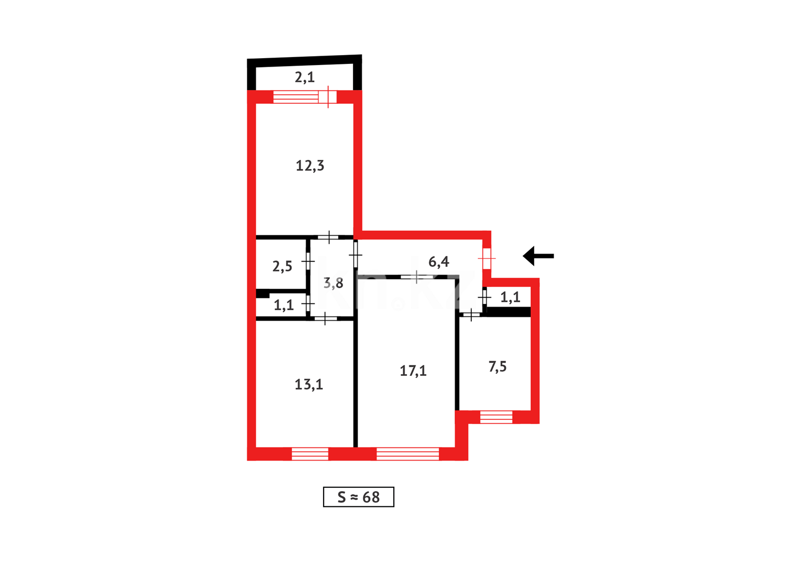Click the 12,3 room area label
click(310, 166)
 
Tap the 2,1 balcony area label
click(304, 78)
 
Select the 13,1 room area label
click(308, 385)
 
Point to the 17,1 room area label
click(413, 371)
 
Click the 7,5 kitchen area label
click(497, 367)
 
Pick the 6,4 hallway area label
click(438, 262)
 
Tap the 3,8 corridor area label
click(333, 284)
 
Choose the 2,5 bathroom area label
click(282, 266)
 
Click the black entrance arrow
click(538, 256)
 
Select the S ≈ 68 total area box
click(358, 497)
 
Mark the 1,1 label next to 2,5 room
click(283, 305)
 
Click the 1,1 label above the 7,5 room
click(510, 298)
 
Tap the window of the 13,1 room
click(310, 454)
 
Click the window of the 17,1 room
click(407, 454)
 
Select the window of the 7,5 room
click(496, 417)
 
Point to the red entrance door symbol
click(487, 258)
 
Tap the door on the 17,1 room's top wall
click(416, 277)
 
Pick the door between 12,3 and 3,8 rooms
click(328, 237)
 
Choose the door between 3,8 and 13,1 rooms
click(325, 318)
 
